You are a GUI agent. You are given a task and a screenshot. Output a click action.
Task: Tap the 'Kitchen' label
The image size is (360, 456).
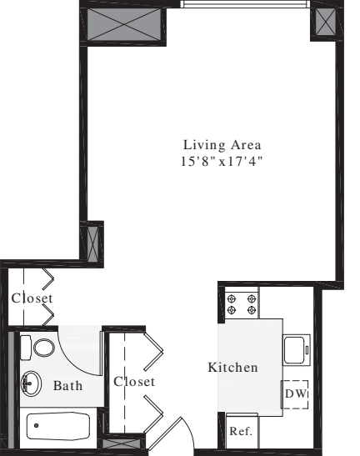(232, 367)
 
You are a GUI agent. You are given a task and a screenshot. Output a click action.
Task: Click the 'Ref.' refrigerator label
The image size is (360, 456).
(241, 432)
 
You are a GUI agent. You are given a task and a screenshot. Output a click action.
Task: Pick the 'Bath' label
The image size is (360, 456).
(67, 386)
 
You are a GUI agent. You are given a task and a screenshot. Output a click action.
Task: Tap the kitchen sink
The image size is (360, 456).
(297, 350)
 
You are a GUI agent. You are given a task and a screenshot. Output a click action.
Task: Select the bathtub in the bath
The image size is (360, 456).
(57, 428)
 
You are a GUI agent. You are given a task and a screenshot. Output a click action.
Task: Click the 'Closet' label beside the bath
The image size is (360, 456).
(134, 382)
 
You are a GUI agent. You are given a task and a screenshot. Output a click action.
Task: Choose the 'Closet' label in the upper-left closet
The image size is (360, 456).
(32, 298)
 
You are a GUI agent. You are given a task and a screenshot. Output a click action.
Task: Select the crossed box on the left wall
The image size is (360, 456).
(95, 243)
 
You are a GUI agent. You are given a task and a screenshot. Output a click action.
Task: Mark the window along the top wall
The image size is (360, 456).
(245, 4)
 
